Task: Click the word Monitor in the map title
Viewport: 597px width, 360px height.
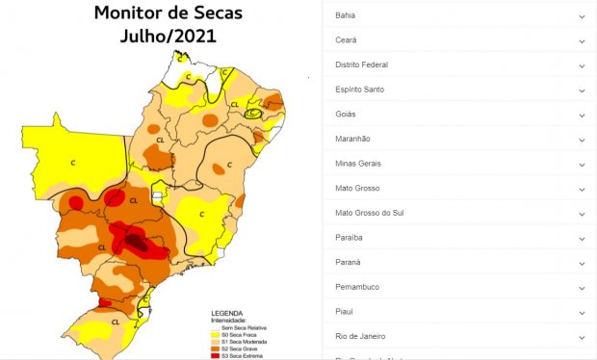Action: (x=127, y=14)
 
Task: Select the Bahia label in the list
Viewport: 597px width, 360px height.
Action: (x=346, y=16)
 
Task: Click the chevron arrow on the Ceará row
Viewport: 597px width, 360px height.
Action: (x=582, y=40)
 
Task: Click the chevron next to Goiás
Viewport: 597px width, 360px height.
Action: (x=582, y=115)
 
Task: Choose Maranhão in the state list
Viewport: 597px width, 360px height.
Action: (x=352, y=139)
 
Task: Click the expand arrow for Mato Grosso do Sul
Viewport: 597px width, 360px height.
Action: (x=582, y=213)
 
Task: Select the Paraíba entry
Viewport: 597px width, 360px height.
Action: (x=349, y=237)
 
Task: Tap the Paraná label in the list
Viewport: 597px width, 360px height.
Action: (x=348, y=262)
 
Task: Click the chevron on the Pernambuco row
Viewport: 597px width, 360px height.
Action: (x=582, y=287)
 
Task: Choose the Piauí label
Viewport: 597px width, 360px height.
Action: (x=345, y=311)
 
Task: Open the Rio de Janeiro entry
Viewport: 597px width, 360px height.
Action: (x=360, y=336)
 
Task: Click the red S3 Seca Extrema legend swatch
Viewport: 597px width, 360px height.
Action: (x=216, y=356)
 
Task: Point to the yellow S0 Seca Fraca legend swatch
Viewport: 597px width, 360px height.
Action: (x=216, y=335)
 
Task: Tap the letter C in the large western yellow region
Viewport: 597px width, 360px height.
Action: (x=72, y=163)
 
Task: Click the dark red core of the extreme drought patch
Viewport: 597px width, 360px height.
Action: (x=138, y=244)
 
